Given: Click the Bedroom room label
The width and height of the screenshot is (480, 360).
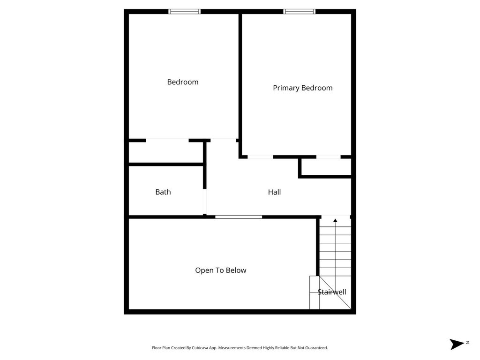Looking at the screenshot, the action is pos(183,82).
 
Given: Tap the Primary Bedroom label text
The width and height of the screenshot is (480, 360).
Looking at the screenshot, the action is pos(302,88).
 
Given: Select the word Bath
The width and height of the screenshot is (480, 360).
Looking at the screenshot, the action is pos(163,192).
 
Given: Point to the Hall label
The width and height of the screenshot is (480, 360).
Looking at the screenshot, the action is pos(274,192).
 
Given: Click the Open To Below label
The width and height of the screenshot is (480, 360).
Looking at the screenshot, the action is pos(220,270).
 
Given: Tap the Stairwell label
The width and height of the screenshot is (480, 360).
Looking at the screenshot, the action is pos(332,292).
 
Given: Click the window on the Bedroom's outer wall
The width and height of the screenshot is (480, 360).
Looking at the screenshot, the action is pos(185,12).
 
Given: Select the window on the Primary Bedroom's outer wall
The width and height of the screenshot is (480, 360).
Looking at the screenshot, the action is pos(299,12).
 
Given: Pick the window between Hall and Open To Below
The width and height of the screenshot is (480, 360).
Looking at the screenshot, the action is pos(239,217).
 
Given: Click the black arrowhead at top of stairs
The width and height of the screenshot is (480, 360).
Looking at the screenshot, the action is pos(335,220).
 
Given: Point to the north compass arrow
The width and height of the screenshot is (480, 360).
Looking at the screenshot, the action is pos(457,344).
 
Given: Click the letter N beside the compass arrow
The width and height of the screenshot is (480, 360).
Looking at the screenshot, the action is pos(467,343).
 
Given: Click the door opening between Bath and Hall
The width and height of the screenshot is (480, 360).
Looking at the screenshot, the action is pos(205,202).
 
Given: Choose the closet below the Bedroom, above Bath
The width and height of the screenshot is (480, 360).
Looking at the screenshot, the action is pos(165,152).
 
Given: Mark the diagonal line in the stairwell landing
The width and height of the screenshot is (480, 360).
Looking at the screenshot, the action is pos(335,292).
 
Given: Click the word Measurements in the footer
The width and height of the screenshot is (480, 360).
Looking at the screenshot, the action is pos(232,348).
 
